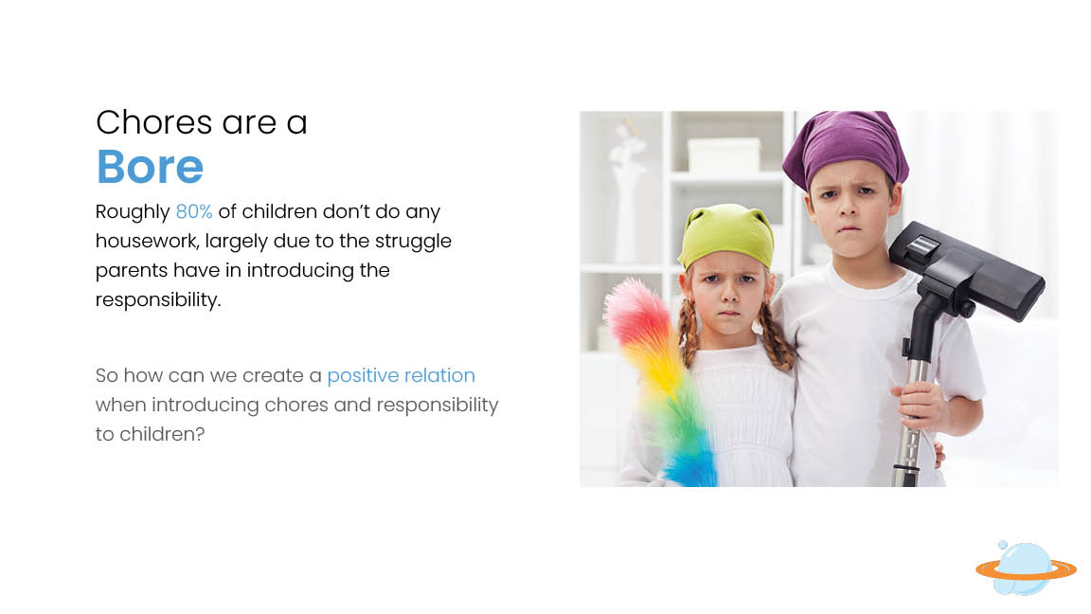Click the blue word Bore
tap(150, 167)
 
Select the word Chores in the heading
tap(153, 122)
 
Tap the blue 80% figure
tap(194, 211)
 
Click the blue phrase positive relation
tap(401, 376)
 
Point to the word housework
tap(147, 241)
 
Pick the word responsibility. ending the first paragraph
tap(158, 300)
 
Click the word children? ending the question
tap(162, 434)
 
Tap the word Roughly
tap(133, 212)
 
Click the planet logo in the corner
tap(1026, 569)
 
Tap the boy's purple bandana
tap(846, 147)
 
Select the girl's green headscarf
tap(725, 236)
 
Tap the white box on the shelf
tap(724, 153)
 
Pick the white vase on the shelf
tap(625, 202)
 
